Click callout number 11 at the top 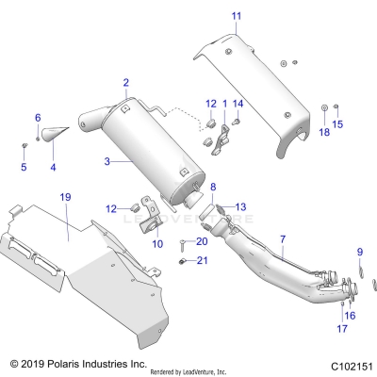(x=236, y=16)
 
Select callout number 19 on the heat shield (x=65, y=197)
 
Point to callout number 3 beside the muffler (x=107, y=161)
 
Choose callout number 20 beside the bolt (x=202, y=241)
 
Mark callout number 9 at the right (x=359, y=251)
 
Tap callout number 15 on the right (x=337, y=123)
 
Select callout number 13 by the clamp (x=239, y=206)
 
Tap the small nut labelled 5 (x=25, y=146)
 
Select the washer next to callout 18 (x=323, y=107)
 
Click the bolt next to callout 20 (x=180, y=243)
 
